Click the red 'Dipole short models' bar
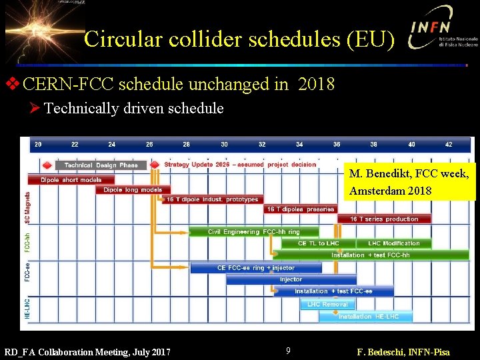71,180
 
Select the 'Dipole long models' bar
133,190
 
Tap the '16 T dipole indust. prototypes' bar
212,199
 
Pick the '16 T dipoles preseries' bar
301,209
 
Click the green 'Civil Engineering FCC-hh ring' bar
253,232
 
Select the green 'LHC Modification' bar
394,243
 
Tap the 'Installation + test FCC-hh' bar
370,255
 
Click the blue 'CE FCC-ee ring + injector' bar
256,268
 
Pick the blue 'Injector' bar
291,279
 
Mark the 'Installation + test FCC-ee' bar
333,291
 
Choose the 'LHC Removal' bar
327,304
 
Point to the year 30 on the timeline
224,144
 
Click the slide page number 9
288,351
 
